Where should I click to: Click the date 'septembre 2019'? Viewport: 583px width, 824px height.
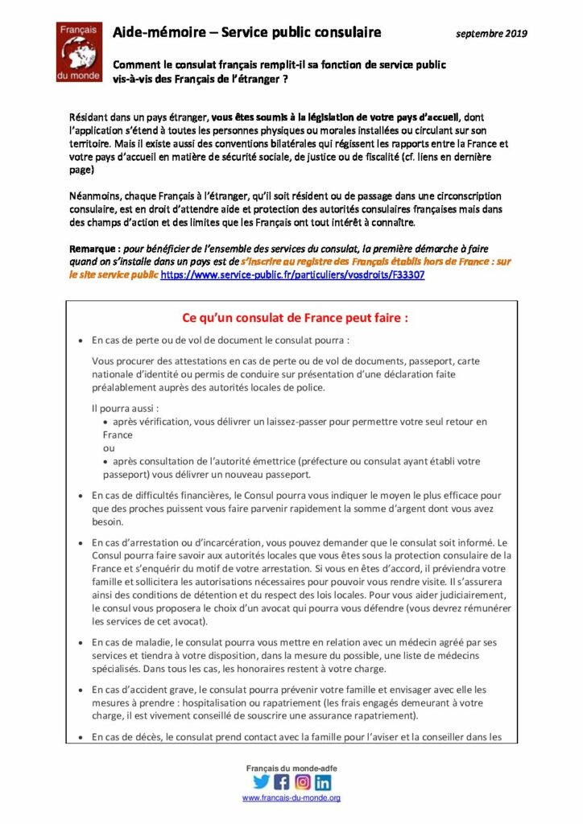(491, 33)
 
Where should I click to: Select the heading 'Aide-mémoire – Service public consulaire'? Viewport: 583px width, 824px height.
(246, 32)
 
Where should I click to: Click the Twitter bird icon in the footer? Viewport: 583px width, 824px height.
(261, 781)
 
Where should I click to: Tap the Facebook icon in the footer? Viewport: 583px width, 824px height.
(282, 781)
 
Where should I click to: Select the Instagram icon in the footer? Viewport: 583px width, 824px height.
(303, 781)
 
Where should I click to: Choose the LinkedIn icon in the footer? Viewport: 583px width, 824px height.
(323, 781)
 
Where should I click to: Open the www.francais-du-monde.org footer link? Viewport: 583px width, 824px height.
(291, 798)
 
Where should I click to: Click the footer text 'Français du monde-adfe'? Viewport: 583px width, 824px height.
(291, 768)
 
